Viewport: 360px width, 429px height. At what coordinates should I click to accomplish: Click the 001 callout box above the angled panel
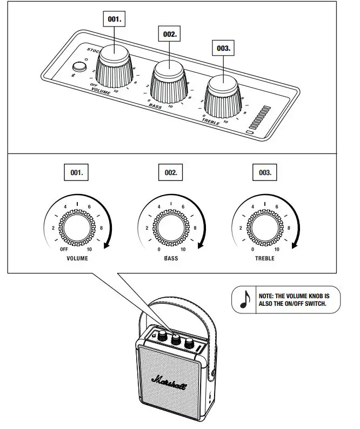[x=115, y=18]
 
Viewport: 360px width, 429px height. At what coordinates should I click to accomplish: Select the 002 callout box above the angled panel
[x=170, y=33]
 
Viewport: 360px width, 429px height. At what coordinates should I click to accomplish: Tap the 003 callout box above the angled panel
[x=223, y=48]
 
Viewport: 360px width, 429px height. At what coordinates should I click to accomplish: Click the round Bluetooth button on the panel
[x=80, y=66]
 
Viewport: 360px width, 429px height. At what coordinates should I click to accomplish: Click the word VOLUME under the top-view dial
[x=77, y=258]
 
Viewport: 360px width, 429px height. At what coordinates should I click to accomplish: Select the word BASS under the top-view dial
[x=171, y=258]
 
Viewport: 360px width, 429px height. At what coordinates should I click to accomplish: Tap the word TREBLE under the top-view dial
[x=265, y=258]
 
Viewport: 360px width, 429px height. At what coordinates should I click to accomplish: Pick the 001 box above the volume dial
[x=77, y=173]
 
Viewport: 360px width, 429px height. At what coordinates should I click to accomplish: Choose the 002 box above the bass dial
[x=171, y=173]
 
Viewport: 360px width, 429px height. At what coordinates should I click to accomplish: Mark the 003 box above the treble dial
[x=265, y=173]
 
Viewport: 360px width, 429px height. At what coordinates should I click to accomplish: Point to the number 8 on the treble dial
[x=289, y=228]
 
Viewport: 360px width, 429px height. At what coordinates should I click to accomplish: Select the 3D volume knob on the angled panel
[x=115, y=65]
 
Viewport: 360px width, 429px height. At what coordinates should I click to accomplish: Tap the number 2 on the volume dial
[x=53, y=228]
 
